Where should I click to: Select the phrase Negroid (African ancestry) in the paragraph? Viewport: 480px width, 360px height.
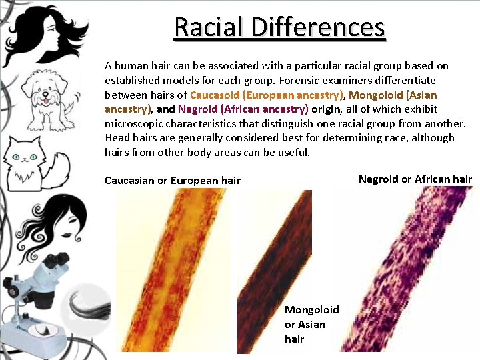(x=243, y=109)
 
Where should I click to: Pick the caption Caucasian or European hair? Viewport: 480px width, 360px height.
(x=173, y=181)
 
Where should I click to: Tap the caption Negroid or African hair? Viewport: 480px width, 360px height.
(x=415, y=179)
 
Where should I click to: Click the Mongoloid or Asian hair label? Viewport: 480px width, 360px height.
(x=311, y=324)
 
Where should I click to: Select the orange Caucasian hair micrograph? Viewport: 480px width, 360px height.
(x=167, y=267)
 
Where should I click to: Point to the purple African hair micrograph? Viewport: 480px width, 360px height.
(x=400, y=273)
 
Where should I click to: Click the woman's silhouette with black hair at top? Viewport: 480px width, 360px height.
(x=50, y=33)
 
